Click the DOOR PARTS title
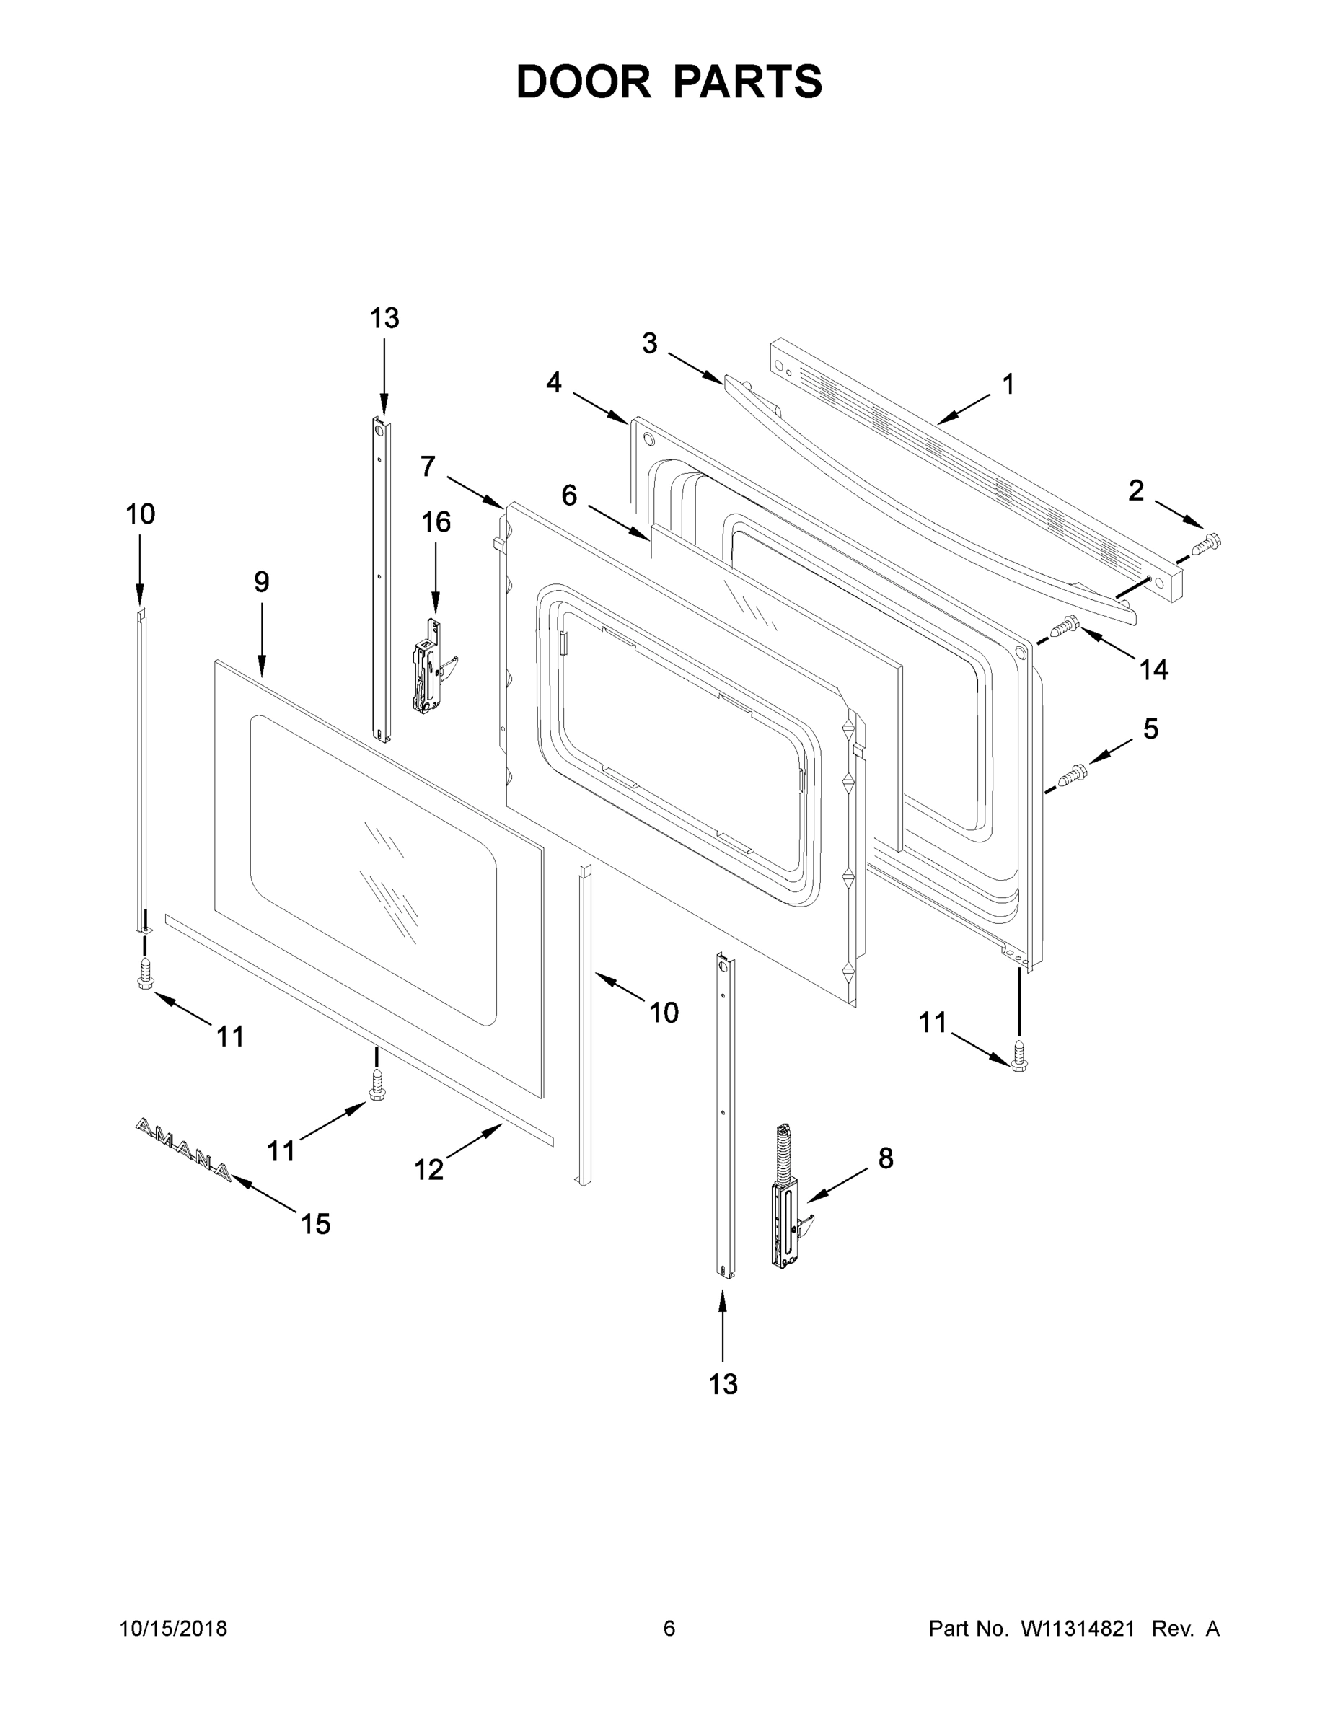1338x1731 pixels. [669, 82]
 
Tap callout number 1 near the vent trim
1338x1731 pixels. [1008, 385]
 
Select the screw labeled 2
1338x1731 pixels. [1207, 545]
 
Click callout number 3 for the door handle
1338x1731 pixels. [649, 343]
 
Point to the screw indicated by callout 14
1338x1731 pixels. [1064, 627]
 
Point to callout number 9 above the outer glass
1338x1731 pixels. [262, 583]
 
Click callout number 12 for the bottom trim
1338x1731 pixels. [429, 1169]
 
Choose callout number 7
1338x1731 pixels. [428, 467]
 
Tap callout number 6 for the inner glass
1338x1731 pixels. [569, 496]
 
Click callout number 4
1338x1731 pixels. [553, 383]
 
